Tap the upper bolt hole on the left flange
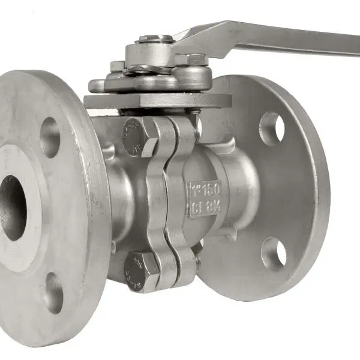(x=50, y=137)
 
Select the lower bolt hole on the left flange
(x=53, y=293)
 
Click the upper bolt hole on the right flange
(x=272, y=128)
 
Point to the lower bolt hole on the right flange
(x=273, y=253)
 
